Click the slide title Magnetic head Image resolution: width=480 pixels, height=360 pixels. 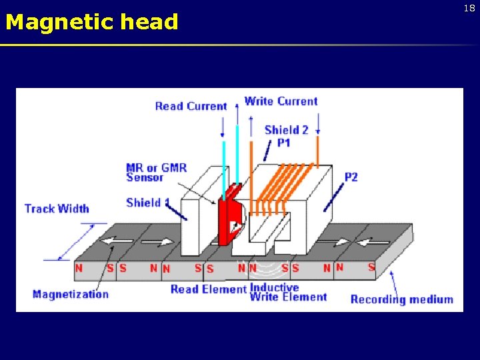click(x=91, y=22)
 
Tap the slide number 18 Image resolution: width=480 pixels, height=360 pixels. click(x=469, y=8)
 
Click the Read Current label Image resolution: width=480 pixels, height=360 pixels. click(x=191, y=106)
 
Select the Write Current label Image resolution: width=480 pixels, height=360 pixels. click(x=281, y=101)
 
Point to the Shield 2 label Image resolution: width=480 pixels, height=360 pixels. click(x=286, y=130)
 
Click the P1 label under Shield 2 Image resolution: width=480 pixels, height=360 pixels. click(x=284, y=143)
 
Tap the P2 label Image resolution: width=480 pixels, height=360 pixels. click(x=351, y=177)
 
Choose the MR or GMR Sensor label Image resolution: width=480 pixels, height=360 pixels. click(x=156, y=172)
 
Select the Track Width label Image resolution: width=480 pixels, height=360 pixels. click(x=57, y=209)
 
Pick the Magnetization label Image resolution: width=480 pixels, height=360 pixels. click(x=70, y=294)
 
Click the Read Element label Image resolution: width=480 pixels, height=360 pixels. click(x=209, y=289)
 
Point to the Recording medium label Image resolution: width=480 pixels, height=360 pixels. click(x=401, y=299)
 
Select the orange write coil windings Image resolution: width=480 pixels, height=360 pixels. click(x=287, y=180)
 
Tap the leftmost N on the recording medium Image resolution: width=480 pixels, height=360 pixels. click(x=79, y=268)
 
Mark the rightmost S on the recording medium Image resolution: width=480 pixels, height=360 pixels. click(x=371, y=267)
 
